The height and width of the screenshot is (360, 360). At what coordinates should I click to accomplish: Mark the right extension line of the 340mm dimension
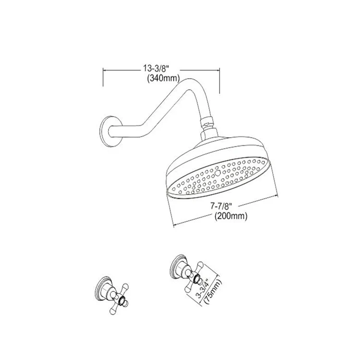coord(219,81)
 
